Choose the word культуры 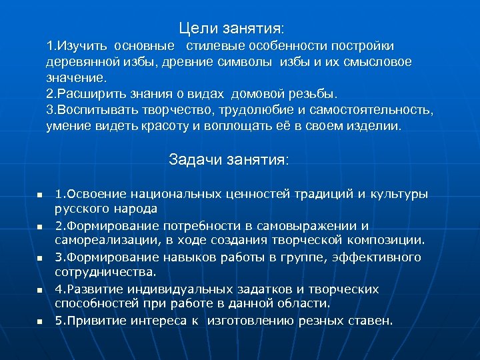coord(395,194)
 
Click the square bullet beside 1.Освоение coord(39,195)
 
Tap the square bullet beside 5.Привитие coord(39,322)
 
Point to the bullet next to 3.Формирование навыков coord(39,258)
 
